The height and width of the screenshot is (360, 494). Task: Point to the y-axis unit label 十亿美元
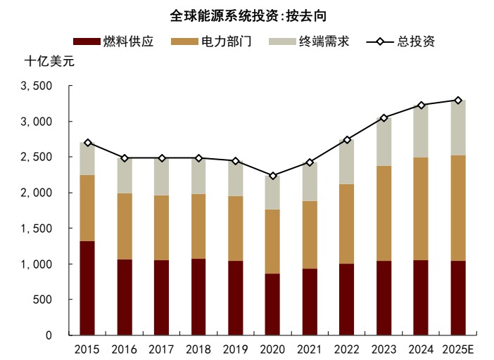(49, 61)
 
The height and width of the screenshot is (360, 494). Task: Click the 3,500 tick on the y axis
(38, 86)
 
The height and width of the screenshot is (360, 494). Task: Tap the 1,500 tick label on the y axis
(38, 229)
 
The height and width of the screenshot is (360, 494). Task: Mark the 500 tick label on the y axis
(44, 300)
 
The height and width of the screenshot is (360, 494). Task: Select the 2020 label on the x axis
(272, 349)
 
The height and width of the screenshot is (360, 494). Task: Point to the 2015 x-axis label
(87, 349)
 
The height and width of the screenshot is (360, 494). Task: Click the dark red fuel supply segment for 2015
(87, 288)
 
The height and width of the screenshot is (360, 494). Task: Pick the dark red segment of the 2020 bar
(272, 304)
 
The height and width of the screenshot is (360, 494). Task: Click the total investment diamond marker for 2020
(272, 176)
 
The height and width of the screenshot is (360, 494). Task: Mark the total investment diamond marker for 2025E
(458, 101)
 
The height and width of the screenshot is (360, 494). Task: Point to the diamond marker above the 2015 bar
(87, 143)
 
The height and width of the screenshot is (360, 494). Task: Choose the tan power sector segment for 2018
(198, 226)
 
